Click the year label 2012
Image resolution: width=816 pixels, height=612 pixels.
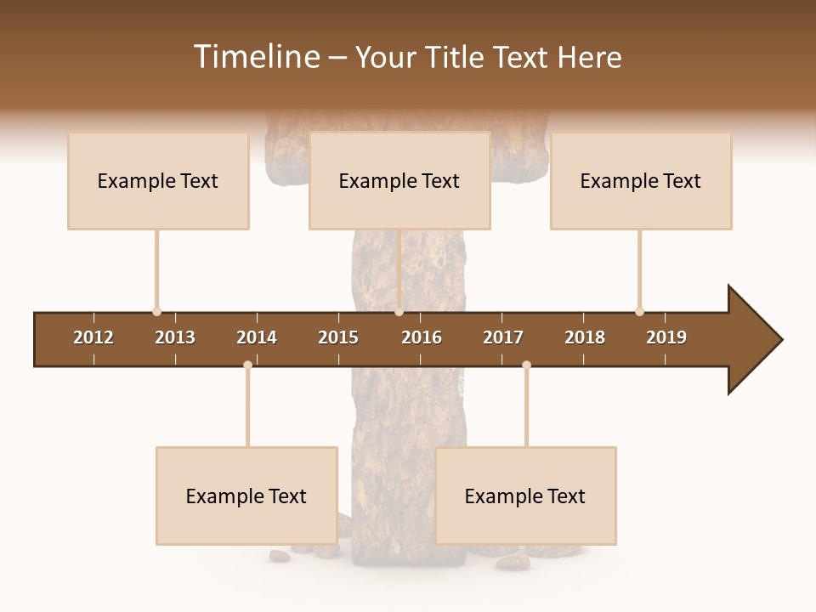(x=93, y=337)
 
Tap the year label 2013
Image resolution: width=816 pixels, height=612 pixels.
(x=175, y=337)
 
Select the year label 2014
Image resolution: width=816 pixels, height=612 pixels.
(x=257, y=337)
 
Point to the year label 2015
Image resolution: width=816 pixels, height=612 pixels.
(x=338, y=337)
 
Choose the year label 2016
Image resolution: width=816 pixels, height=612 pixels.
(x=422, y=337)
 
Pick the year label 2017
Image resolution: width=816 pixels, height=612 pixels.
(x=503, y=337)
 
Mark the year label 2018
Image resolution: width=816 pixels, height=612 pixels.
(x=585, y=337)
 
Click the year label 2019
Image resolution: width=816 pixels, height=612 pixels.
(x=666, y=337)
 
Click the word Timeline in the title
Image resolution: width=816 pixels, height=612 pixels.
(x=254, y=57)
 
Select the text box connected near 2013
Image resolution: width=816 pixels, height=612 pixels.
(x=158, y=181)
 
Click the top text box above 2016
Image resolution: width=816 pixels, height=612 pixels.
(x=399, y=181)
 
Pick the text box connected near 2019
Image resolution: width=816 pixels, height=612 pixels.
(x=641, y=181)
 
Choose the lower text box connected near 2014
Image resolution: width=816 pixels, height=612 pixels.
(x=246, y=496)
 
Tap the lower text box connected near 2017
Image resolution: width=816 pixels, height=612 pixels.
(x=525, y=496)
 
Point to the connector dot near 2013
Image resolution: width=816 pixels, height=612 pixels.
(x=156, y=312)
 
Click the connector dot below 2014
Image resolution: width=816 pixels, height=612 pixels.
(x=247, y=365)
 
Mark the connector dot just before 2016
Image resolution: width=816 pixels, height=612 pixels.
(x=399, y=312)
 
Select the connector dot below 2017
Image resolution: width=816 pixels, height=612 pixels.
(x=526, y=365)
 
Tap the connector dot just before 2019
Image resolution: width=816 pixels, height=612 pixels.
(x=639, y=312)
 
